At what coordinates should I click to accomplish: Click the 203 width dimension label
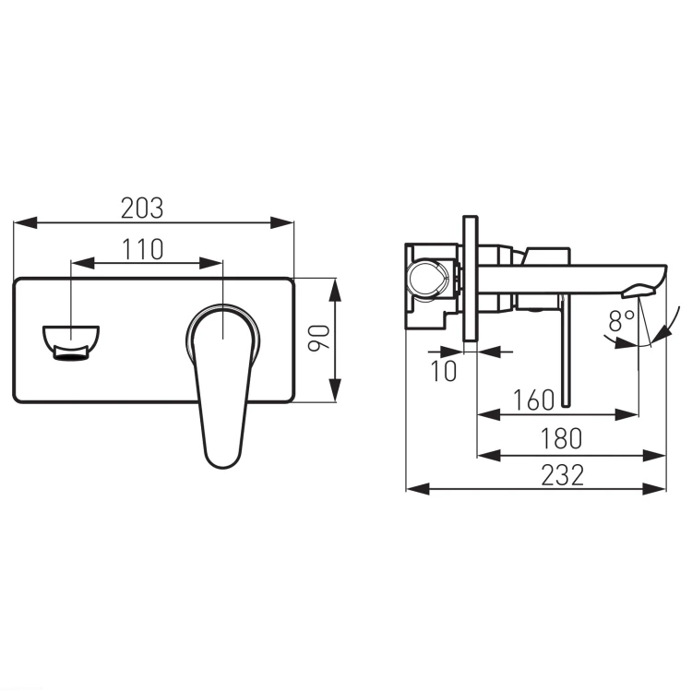pyautogui.click(x=142, y=209)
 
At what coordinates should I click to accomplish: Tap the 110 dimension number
pyautogui.click(x=142, y=249)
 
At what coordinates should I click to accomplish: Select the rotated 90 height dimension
pyautogui.click(x=318, y=338)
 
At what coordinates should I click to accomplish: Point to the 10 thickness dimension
pyautogui.click(x=444, y=371)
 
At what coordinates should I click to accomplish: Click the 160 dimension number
pyautogui.click(x=533, y=400)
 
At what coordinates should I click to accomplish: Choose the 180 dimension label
pyautogui.click(x=561, y=438)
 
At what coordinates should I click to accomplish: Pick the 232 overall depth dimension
pyautogui.click(x=562, y=475)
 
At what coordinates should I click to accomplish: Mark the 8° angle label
pyautogui.click(x=621, y=321)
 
